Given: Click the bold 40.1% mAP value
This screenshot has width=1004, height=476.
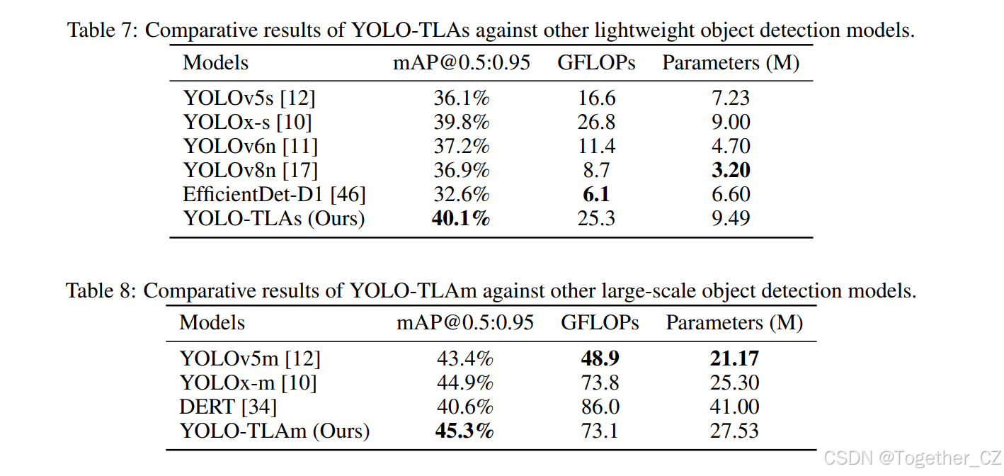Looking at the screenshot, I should (x=461, y=218).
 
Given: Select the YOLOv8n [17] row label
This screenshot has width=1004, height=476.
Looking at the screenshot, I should (x=250, y=170).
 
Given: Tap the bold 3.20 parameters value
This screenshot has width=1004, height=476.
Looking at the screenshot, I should (x=730, y=170).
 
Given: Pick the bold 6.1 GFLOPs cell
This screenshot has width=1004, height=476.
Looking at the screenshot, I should (x=596, y=194).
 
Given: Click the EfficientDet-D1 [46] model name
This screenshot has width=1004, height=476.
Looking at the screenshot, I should (x=274, y=194).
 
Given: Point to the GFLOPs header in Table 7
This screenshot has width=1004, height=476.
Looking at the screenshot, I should (x=596, y=62).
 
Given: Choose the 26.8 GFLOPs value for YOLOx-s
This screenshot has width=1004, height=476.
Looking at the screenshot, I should (x=596, y=122).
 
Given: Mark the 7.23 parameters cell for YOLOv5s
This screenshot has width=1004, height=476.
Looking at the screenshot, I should (x=730, y=98).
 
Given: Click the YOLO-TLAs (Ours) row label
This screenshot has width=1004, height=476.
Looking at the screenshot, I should (x=274, y=218).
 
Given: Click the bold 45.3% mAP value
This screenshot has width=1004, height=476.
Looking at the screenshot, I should (x=464, y=430).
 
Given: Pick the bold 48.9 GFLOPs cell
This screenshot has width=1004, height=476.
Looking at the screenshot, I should (x=600, y=358).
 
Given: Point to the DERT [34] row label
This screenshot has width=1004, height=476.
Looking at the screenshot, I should (x=228, y=407).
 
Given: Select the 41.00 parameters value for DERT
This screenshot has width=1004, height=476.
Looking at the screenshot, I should (x=734, y=407).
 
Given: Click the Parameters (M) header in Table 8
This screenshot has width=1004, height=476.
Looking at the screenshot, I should (x=734, y=323).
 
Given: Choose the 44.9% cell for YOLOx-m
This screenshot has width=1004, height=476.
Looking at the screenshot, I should (x=464, y=382).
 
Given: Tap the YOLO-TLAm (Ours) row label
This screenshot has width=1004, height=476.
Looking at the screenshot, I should (x=275, y=430).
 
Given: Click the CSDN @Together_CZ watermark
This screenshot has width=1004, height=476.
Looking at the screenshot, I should (x=912, y=457).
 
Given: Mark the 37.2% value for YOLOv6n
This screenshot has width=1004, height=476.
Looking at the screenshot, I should (x=461, y=146).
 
